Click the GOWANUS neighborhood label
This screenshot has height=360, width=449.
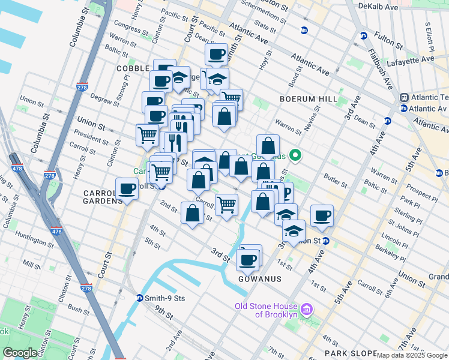coord(256,280)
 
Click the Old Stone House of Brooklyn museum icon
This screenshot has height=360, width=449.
coord(307,310)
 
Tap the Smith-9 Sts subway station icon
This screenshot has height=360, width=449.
coord(139,298)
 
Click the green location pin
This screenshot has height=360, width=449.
coord(295,155)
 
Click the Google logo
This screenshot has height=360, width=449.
coord(20,353)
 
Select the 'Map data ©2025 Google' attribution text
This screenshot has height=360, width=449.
coord(412,355)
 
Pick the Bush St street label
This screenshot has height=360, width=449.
coord(78,309)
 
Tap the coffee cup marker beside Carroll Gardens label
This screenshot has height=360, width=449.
coord(127,190)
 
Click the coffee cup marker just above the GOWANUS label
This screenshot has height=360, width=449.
coord(247,260)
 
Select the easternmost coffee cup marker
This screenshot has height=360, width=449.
coord(322,216)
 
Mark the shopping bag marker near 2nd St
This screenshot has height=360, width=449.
coord(192,213)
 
